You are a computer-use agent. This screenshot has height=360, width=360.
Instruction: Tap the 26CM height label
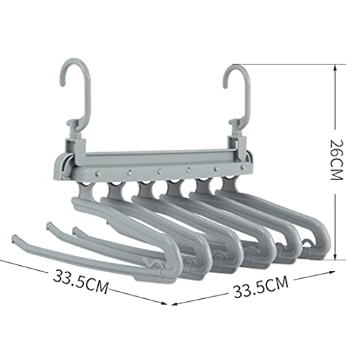click(x=336, y=159)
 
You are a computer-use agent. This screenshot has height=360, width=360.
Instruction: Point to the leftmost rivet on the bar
click(x=98, y=173)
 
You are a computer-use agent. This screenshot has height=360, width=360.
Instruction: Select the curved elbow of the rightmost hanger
click(x=322, y=237)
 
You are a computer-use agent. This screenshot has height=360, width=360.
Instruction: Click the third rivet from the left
click(x=159, y=171)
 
